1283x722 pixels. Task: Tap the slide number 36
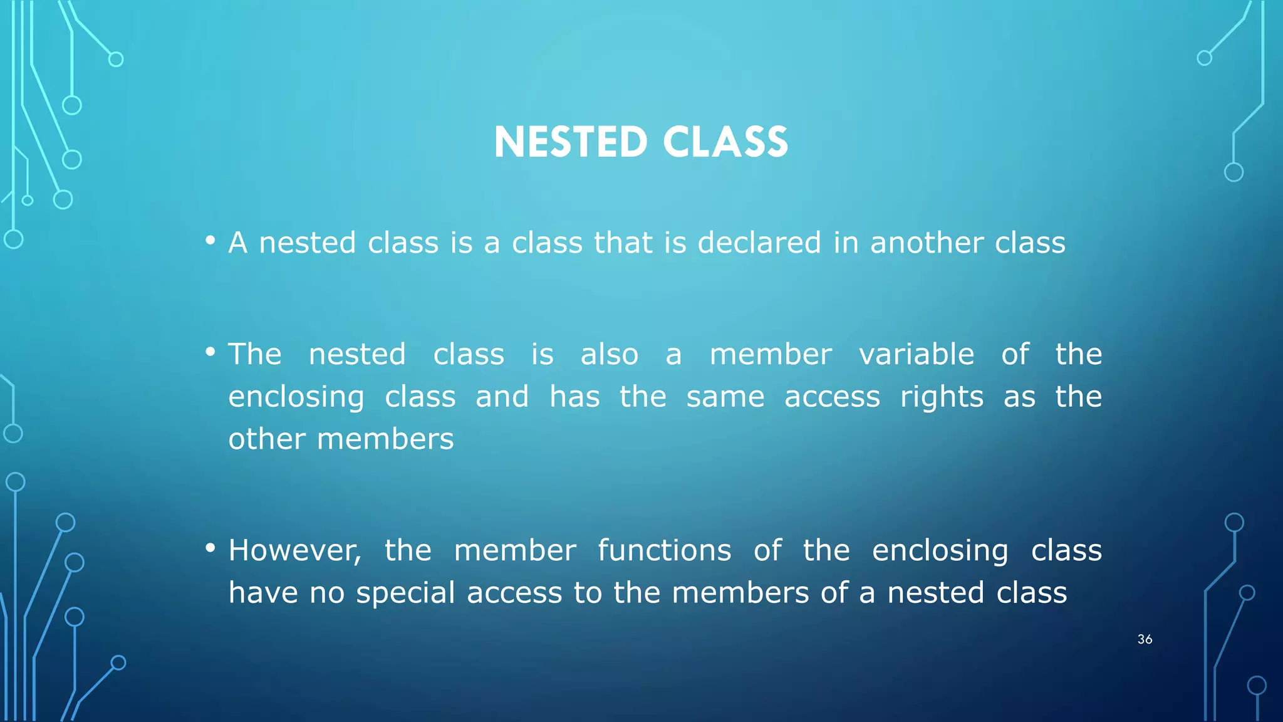tap(1145, 639)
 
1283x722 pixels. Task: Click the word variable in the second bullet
tap(917, 355)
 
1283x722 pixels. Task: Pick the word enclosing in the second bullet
tap(296, 397)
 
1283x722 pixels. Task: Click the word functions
tap(664, 551)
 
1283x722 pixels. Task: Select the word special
tap(405, 593)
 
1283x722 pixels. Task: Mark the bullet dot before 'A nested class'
tap(210, 241)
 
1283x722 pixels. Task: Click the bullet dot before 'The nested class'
tap(210, 352)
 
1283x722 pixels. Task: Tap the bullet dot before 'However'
tap(210, 548)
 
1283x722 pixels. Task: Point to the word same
tap(725, 397)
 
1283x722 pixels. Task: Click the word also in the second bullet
tap(609, 355)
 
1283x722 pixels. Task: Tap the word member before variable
tap(771, 355)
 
